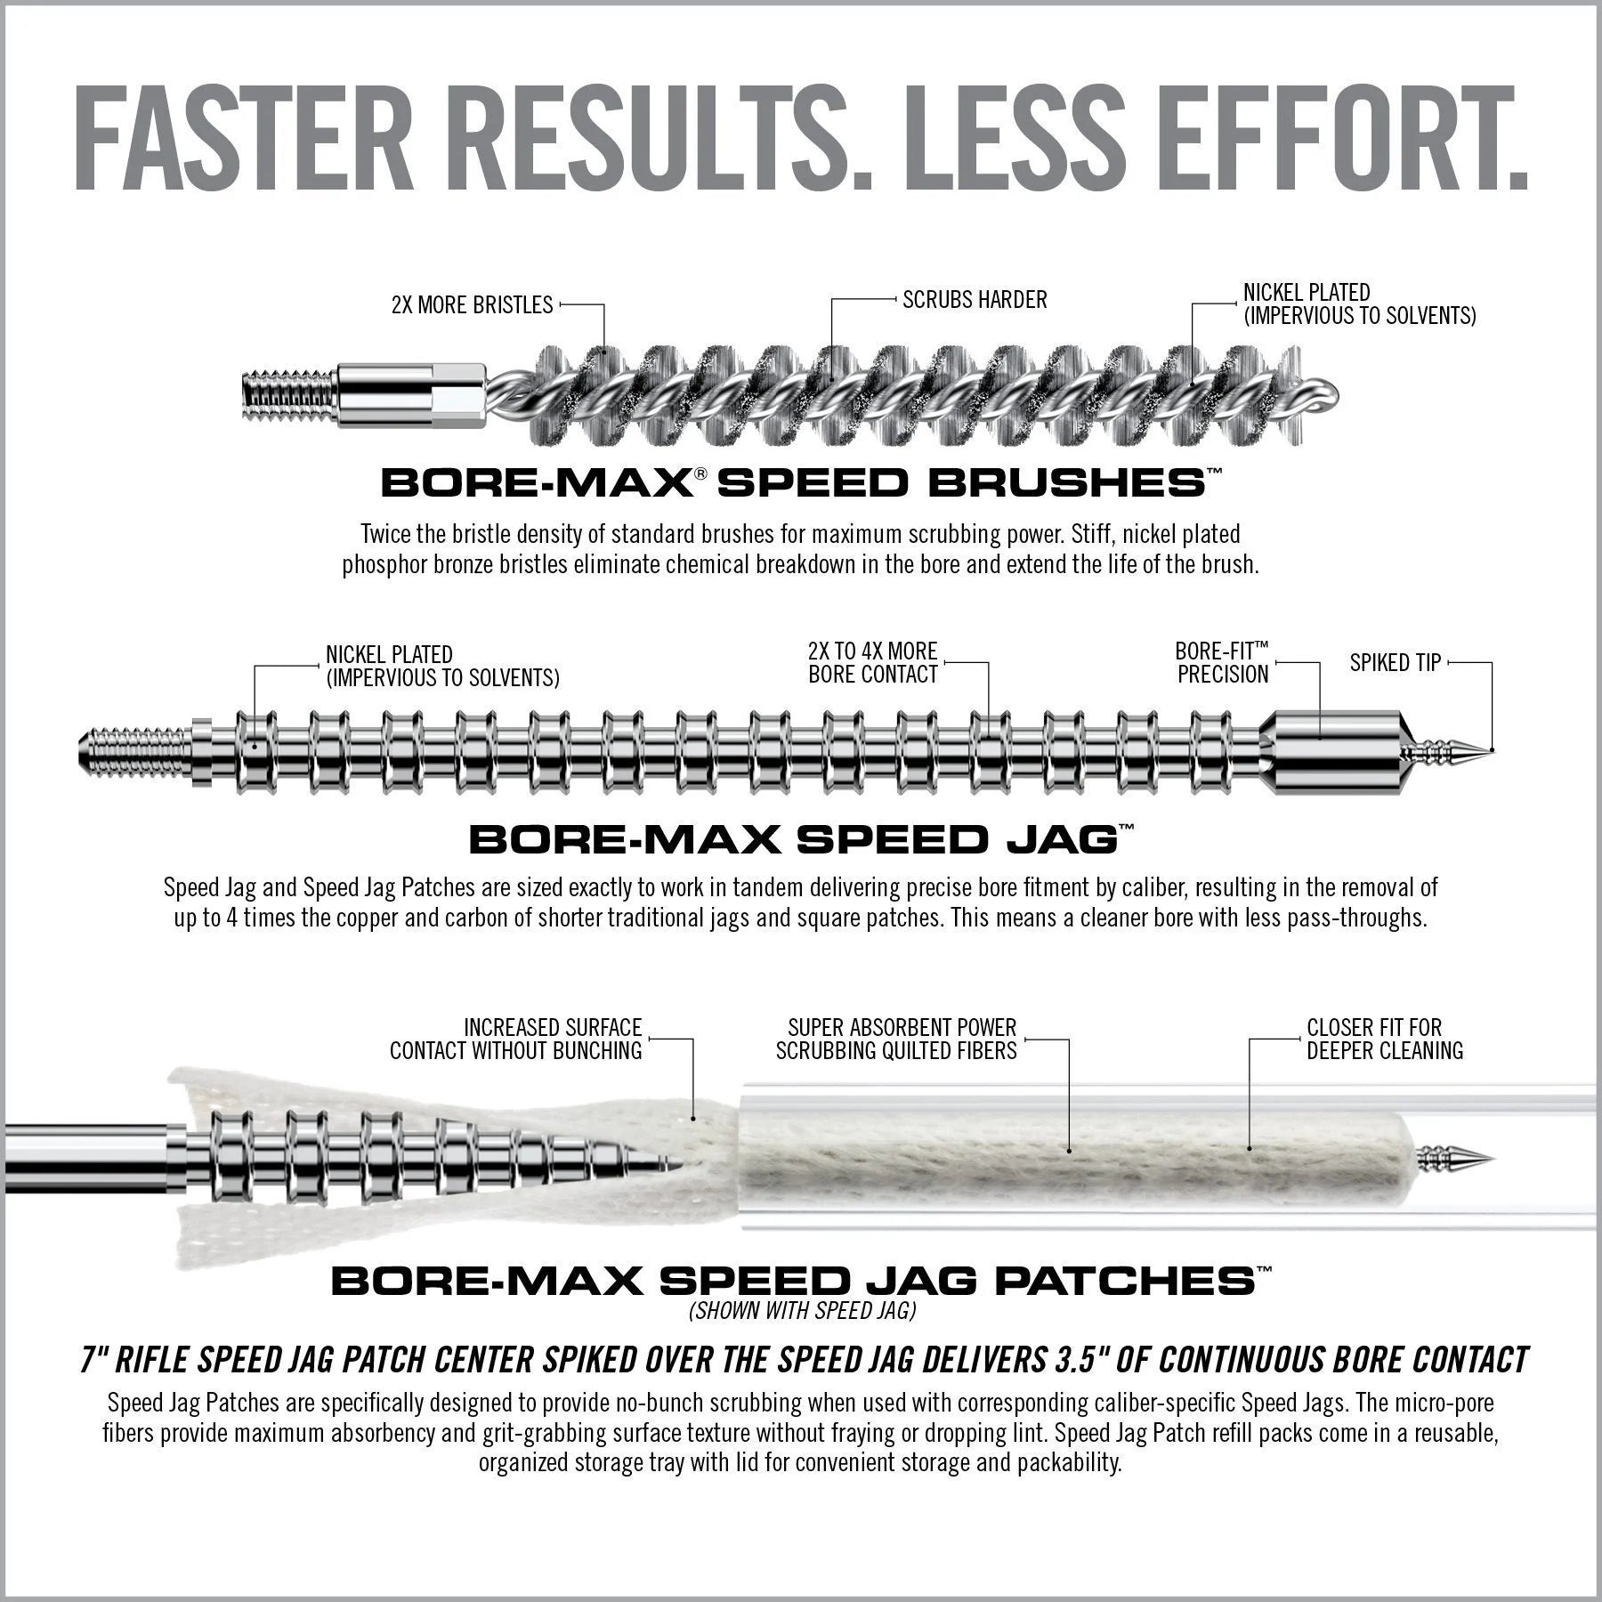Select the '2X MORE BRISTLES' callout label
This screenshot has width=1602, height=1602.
(472, 305)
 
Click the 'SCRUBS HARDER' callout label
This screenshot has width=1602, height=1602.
(975, 300)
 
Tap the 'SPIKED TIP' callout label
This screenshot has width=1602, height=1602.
(1395, 663)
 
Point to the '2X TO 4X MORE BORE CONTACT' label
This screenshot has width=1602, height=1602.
(872, 663)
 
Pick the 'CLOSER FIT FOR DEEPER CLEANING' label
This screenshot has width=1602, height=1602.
(1384, 1039)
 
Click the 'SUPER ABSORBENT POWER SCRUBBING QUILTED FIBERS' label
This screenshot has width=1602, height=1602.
(896, 1039)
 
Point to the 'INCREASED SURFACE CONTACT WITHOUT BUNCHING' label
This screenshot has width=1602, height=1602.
(516, 1039)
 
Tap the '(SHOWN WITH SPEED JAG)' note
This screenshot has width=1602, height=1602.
(802, 1310)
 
